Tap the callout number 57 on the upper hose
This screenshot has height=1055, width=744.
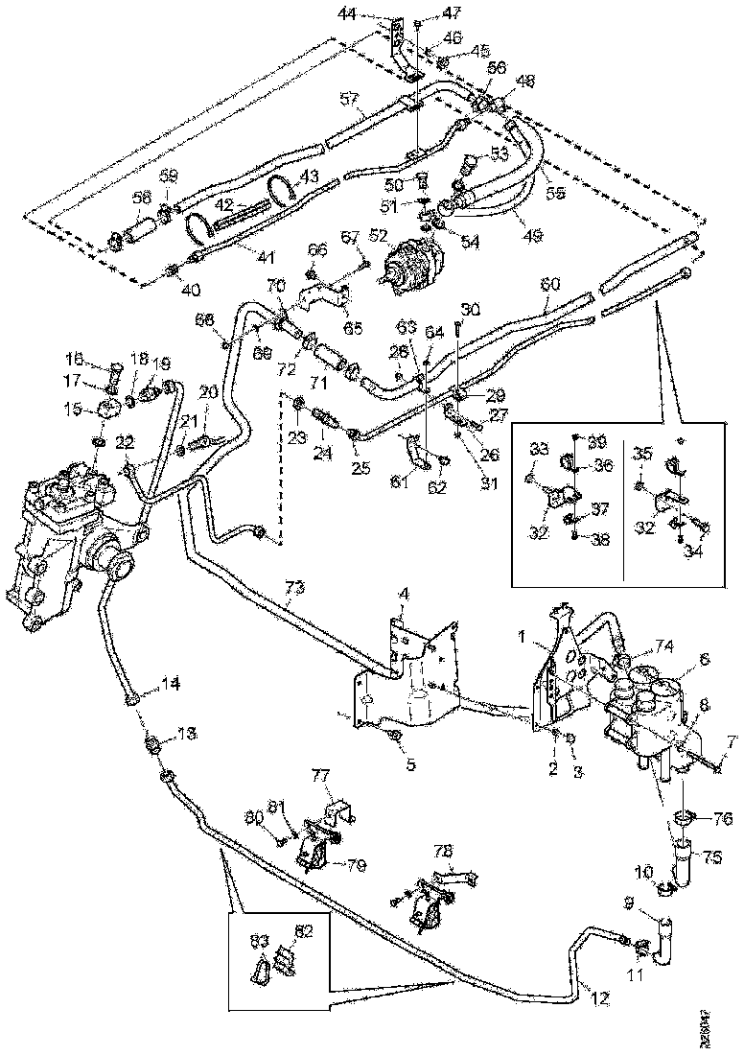click(350, 99)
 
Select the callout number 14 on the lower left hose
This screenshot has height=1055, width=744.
click(171, 685)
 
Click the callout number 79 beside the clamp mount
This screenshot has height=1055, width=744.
click(356, 865)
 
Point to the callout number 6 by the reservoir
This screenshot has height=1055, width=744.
click(704, 660)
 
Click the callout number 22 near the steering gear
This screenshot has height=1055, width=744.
click(126, 440)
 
